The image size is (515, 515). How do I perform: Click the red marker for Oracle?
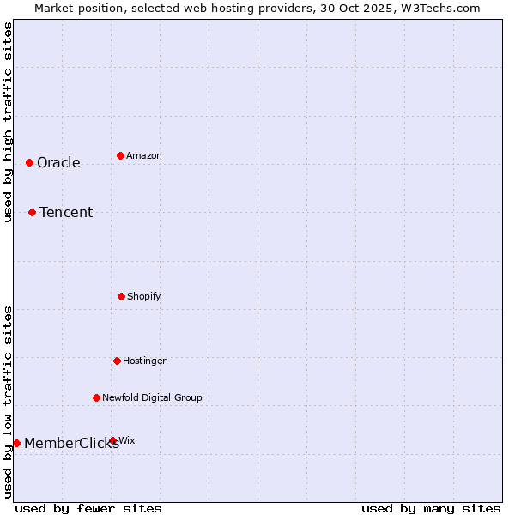29,162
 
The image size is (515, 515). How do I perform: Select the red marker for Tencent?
32,212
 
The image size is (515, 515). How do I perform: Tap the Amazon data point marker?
120,155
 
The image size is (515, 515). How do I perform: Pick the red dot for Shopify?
121,296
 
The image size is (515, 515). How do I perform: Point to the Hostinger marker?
117,360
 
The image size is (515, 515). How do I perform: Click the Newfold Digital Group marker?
96,397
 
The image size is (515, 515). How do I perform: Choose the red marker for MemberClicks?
16,443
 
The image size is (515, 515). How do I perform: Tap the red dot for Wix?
112,440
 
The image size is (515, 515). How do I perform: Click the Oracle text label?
58,163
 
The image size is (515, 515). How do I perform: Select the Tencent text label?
66,213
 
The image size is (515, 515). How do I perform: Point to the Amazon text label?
144,156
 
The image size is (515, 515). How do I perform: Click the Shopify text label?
144,297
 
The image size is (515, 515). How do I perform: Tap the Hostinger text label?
144,361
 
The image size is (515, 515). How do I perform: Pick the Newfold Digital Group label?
152,398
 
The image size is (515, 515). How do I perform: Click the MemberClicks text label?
71,444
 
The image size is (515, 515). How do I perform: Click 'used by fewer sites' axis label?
88,508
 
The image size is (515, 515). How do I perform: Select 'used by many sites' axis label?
431,508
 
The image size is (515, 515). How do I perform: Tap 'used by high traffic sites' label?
8,122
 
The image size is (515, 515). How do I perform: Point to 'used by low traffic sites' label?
8,402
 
